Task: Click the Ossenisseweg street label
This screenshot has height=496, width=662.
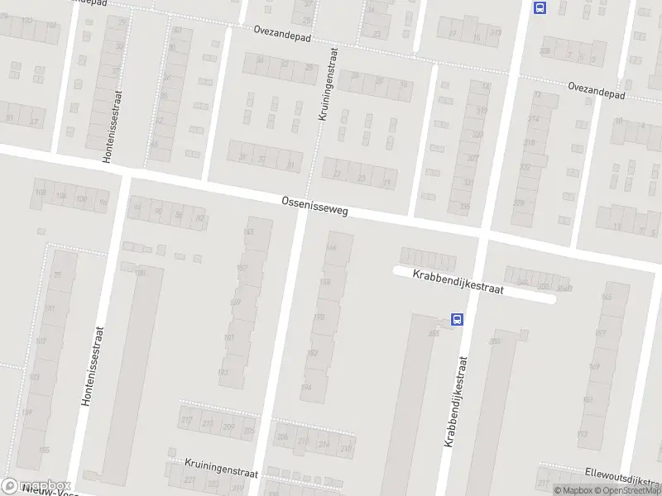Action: pyautogui.click(x=314, y=206)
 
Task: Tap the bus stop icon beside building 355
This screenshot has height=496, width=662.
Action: pyautogui.click(x=456, y=319)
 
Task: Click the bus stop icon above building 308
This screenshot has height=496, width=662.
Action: pyautogui.click(x=540, y=8)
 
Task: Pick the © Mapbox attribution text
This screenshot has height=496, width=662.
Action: pyautogui.click(x=571, y=490)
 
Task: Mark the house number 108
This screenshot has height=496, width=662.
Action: pyautogui.click(x=39, y=194)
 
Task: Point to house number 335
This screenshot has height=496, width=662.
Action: pyautogui.click(x=468, y=207)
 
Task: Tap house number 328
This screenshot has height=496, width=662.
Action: pyautogui.click(x=519, y=203)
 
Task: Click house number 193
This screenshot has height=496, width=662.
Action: pyautogui.click(x=223, y=372)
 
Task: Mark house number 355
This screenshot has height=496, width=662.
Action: pyautogui.click(x=434, y=333)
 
